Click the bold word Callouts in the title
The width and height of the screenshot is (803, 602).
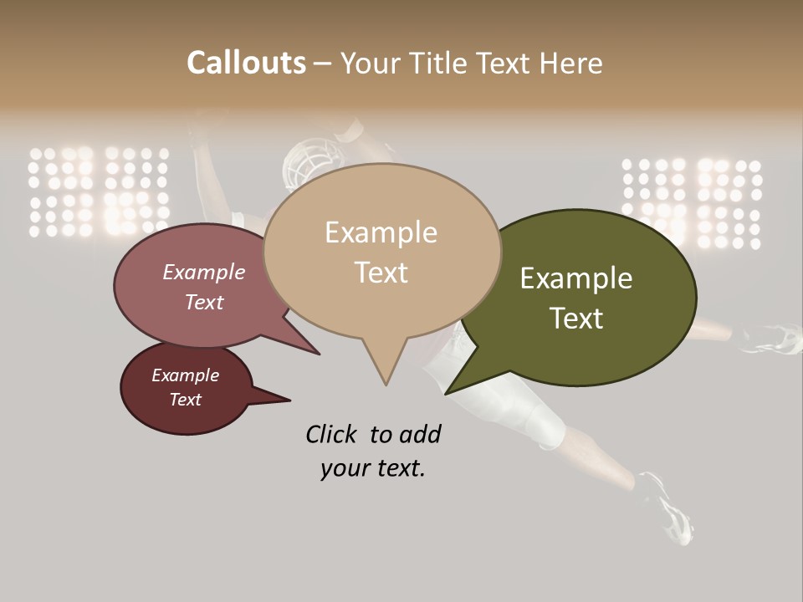246,63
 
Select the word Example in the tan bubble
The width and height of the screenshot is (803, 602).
381,232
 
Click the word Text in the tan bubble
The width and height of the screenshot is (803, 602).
381,273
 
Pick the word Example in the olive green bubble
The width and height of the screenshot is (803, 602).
576,278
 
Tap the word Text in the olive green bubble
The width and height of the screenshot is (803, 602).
576,319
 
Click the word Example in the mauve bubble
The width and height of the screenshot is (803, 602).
204,272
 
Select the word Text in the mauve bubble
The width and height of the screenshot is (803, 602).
204,302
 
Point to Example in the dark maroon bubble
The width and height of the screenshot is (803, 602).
186,375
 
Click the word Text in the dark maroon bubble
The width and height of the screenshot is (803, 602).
186,400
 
